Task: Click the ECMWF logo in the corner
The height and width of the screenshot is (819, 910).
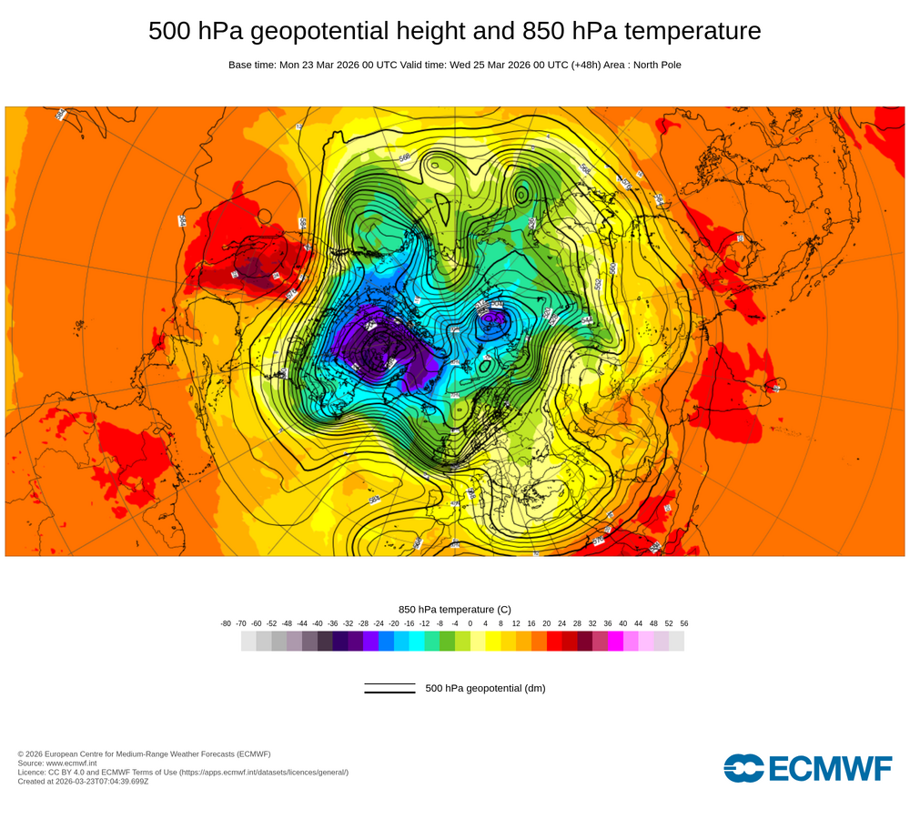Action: [808, 768]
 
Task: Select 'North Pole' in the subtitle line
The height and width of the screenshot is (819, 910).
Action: [654, 65]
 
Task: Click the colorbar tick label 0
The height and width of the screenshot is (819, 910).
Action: [470, 623]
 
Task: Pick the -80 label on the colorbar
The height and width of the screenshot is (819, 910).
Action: [226, 623]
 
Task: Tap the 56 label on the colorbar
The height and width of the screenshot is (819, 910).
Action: [684, 623]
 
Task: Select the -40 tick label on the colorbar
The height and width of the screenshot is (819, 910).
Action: [318, 623]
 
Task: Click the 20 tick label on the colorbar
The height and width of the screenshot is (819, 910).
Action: [547, 623]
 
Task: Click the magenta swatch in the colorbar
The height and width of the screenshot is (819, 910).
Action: [615, 642]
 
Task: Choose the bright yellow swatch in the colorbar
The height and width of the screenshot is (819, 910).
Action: [493, 642]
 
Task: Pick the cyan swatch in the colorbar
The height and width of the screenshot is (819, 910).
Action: [417, 642]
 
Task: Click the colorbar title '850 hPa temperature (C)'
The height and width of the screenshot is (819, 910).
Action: [455, 609]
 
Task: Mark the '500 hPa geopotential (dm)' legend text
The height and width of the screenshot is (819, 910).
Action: [485, 688]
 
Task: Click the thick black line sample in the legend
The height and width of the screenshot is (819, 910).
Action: [389, 693]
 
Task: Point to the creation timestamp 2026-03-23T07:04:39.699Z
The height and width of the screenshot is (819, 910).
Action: [102, 781]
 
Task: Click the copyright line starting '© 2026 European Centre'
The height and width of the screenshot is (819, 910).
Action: [144, 753]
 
